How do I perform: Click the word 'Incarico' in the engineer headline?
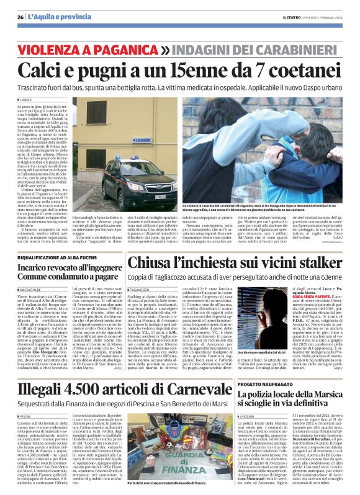pos(38,267)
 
